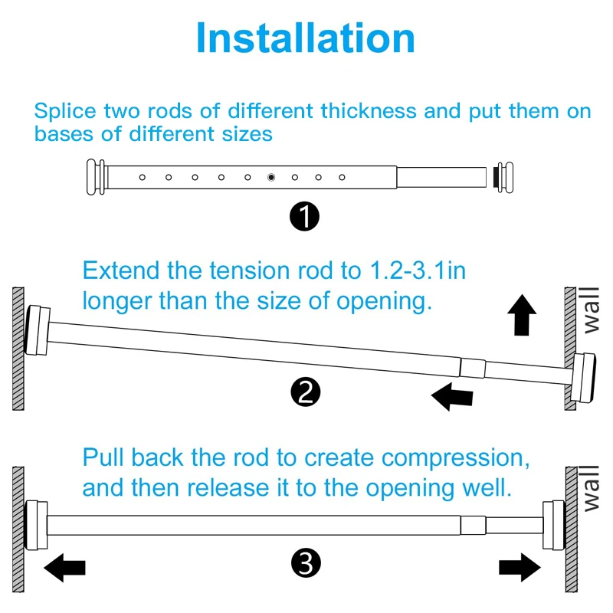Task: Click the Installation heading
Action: (x=306, y=38)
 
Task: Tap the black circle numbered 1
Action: (x=305, y=218)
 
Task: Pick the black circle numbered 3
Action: (x=306, y=565)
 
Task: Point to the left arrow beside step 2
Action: (x=451, y=396)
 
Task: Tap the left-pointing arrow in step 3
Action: (x=64, y=569)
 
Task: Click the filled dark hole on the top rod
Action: (x=271, y=177)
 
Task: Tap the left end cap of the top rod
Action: (x=97, y=177)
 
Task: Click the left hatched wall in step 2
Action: (x=18, y=348)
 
